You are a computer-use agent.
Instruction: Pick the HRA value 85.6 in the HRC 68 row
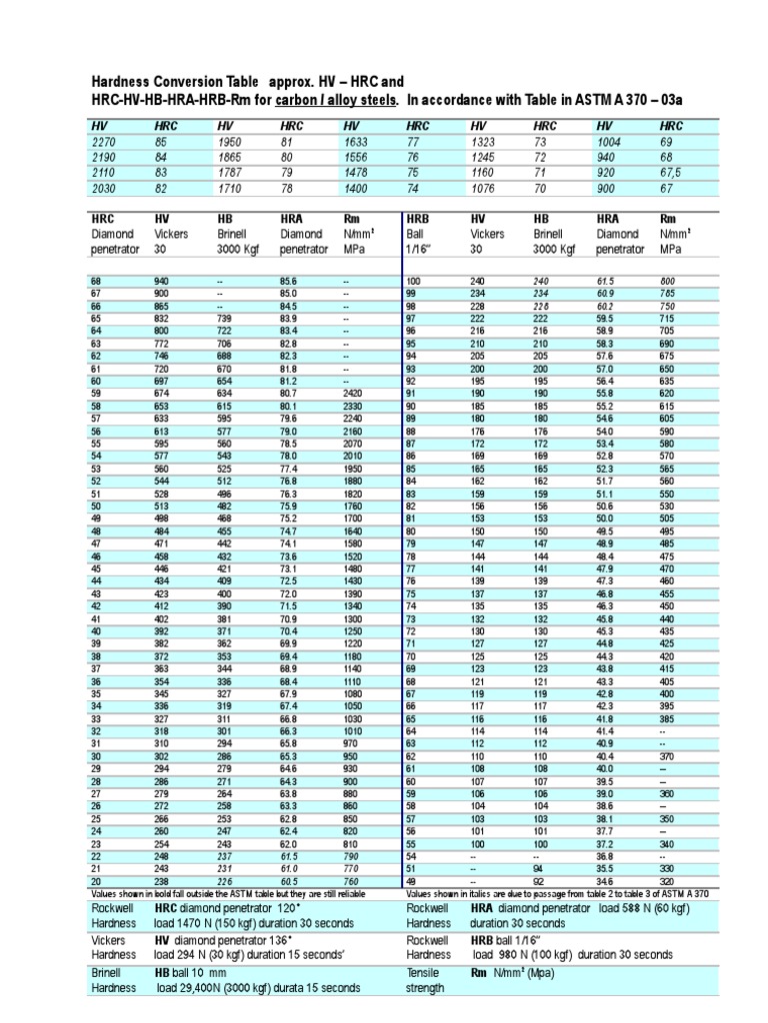(289, 282)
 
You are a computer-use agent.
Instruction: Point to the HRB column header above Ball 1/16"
(417, 217)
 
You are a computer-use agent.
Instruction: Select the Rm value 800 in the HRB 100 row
(668, 282)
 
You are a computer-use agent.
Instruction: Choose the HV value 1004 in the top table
(609, 142)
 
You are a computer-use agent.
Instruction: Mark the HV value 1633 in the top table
(355, 142)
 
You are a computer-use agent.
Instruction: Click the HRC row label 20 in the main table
(97, 883)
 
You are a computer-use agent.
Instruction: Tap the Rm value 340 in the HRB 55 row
(667, 843)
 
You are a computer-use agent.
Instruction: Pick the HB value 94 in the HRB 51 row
(541, 869)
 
